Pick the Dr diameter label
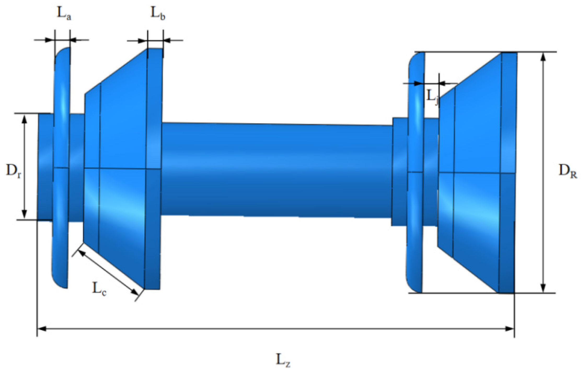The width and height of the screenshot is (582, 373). coord(13,171)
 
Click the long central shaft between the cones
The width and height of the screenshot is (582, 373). coord(277,170)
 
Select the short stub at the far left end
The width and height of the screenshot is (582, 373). coord(45,167)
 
